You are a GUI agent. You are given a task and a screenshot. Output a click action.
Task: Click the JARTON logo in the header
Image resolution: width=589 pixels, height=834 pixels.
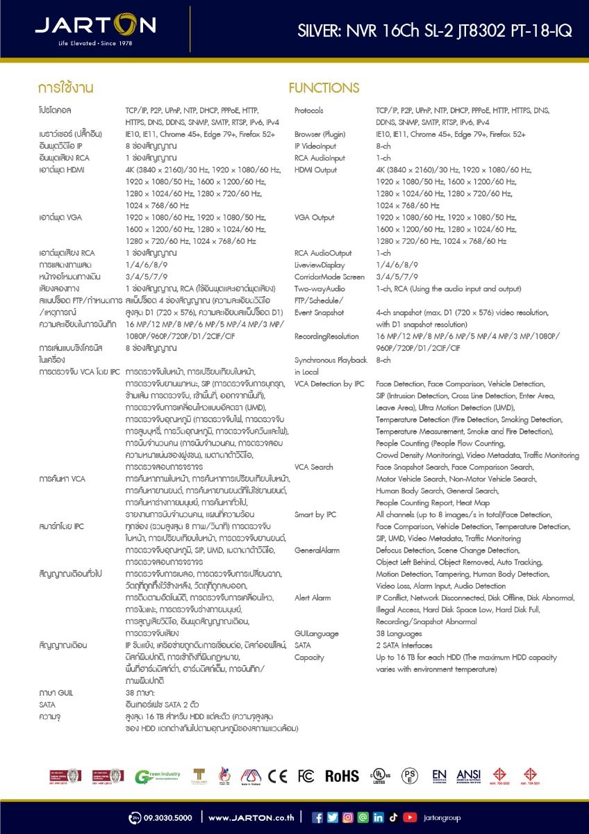click(95, 28)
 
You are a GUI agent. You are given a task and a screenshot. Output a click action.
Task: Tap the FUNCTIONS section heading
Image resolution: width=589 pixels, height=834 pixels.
click(324, 88)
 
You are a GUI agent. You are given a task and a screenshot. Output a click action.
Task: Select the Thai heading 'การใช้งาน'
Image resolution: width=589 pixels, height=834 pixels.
click(66, 88)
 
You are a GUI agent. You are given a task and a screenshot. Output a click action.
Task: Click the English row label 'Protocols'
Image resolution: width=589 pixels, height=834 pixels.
click(308, 111)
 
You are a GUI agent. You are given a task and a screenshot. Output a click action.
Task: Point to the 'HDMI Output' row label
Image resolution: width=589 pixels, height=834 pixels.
click(315, 170)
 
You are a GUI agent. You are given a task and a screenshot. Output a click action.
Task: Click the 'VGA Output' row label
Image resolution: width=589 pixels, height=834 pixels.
click(314, 218)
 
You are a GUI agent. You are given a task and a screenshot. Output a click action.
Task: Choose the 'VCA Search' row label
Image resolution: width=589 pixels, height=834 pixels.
click(313, 467)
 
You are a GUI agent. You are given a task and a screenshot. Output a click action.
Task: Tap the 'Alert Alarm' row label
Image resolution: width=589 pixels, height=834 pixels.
click(312, 598)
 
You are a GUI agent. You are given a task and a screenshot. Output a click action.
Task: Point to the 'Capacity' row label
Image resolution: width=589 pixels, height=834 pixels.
click(309, 657)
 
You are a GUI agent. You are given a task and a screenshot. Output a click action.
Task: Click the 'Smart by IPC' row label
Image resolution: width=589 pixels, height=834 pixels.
click(315, 514)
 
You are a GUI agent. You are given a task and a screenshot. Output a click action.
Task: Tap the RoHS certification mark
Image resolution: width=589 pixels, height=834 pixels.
click(342, 776)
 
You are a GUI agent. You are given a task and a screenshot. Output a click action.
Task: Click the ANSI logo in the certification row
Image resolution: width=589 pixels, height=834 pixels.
click(468, 776)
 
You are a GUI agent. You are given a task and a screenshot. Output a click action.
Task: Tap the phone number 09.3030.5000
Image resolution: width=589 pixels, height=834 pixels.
click(167, 817)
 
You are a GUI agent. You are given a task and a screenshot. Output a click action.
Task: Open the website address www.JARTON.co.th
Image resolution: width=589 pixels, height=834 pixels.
click(251, 817)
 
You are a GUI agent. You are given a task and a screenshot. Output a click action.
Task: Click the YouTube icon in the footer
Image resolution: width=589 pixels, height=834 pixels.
click(410, 817)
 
